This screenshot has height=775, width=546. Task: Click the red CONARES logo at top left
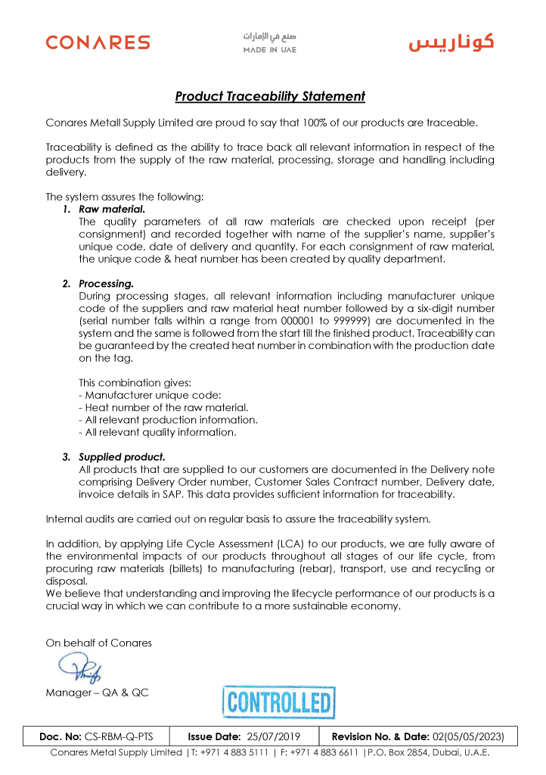(98, 42)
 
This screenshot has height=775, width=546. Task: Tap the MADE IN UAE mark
(269, 43)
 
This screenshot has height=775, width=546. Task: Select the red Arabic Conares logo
(451, 42)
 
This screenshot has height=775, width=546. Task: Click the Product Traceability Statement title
(270, 97)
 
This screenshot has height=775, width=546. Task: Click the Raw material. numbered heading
(112, 209)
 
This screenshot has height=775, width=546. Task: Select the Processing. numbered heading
(106, 284)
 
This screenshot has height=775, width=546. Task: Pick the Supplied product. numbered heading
(122, 457)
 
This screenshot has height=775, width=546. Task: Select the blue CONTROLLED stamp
(278, 702)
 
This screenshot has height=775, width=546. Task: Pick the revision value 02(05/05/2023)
(473, 736)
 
